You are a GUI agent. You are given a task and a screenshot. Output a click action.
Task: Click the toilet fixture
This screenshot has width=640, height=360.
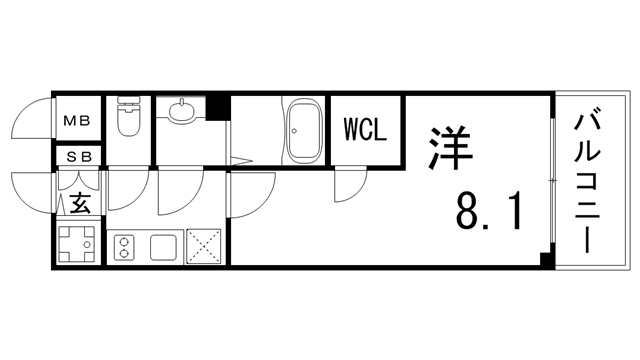coord(128,117)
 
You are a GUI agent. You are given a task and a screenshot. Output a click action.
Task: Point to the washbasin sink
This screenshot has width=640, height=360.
coord(182,112)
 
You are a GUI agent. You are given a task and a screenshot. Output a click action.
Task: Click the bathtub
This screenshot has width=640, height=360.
coord(301,131)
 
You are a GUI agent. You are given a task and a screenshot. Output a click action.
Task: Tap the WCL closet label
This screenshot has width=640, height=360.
coord(366,130)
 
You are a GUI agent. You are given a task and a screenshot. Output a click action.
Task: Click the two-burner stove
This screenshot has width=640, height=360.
coord(125,247)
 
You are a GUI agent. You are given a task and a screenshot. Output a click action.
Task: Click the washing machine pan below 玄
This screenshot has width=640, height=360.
coord(77,244)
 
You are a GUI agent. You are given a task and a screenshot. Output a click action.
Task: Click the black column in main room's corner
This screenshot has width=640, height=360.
coord(545,260)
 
